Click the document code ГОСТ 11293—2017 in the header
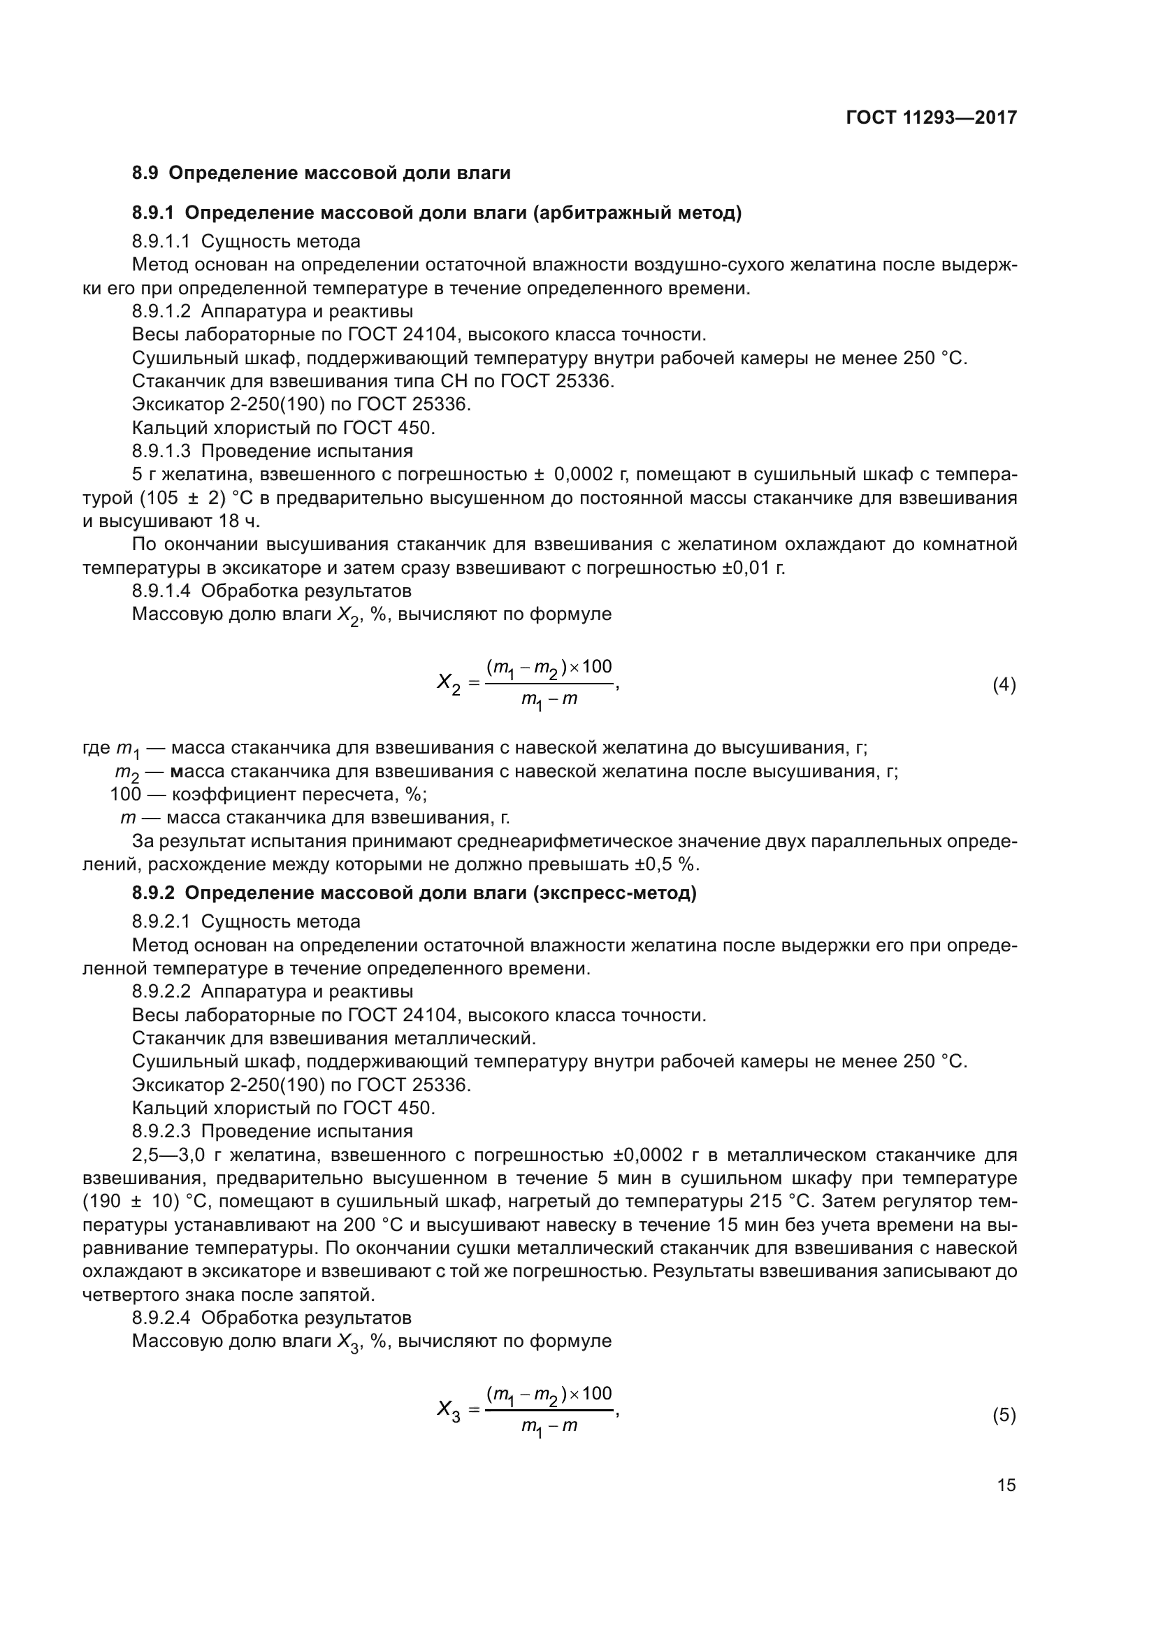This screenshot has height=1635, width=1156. click(x=931, y=117)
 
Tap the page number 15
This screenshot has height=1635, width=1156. click(x=1006, y=1485)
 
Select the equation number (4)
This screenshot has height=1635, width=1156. click(x=1004, y=685)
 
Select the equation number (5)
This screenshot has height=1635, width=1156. click(x=1004, y=1415)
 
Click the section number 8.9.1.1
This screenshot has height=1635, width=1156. click(x=161, y=241)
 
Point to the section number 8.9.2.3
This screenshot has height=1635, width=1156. click(x=161, y=1132)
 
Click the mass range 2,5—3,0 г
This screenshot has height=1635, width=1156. click(x=180, y=1155)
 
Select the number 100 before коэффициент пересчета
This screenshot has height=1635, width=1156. click(x=126, y=794)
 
